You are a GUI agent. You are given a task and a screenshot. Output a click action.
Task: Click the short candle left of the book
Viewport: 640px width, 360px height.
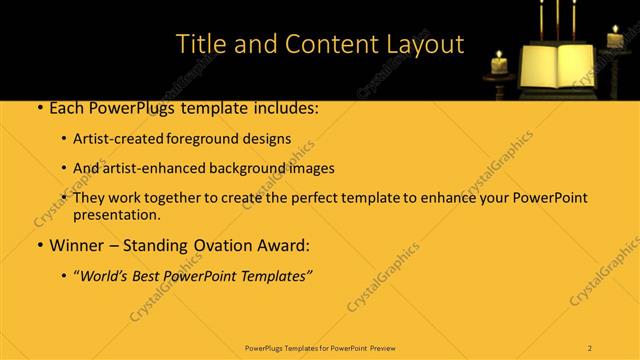(x=499, y=64)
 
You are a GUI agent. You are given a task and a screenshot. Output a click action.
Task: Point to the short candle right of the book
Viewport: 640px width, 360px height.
(x=615, y=38)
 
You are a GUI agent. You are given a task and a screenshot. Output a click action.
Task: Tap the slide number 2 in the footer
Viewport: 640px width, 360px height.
(x=590, y=347)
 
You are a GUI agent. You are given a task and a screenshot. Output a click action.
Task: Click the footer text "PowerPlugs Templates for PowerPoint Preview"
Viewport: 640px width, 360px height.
(x=319, y=347)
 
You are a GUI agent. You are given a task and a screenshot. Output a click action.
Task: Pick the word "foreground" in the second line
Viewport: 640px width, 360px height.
(x=216, y=139)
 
